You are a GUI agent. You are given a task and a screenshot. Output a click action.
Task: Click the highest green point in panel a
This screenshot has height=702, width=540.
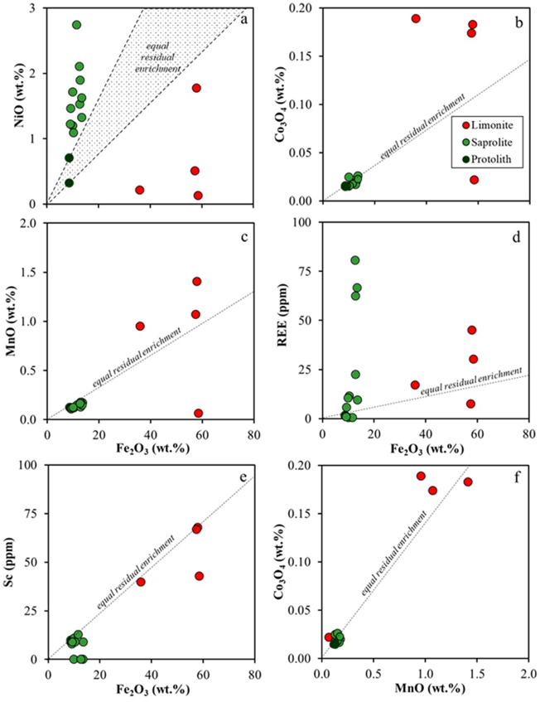click(x=77, y=25)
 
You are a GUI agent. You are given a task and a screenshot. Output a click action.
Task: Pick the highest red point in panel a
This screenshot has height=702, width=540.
click(x=197, y=88)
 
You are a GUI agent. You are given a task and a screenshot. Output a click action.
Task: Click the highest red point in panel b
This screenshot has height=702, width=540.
click(x=416, y=18)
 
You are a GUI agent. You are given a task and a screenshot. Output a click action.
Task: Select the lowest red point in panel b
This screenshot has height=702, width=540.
click(x=475, y=180)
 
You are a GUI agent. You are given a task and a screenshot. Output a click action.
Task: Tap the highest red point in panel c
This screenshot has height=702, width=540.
click(x=197, y=281)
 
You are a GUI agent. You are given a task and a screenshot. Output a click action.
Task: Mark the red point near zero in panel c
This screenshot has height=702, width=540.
click(x=199, y=413)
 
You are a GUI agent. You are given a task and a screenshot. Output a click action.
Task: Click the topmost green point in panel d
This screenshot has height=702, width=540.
click(x=355, y=260)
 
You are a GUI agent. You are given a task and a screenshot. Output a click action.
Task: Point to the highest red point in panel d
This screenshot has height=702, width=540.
click(x=472, y=330)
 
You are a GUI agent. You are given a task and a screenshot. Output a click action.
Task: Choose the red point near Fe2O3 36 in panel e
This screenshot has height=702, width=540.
click(x=141, y=582)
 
